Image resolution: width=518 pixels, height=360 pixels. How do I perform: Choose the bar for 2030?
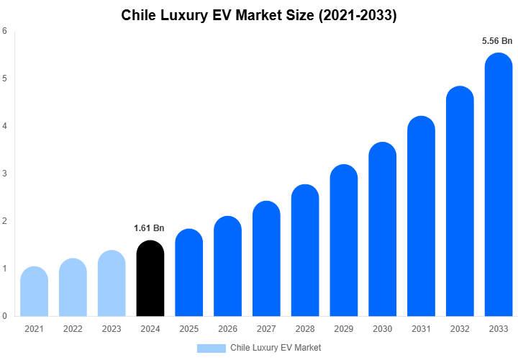pyautogui.click(x=382, y=230)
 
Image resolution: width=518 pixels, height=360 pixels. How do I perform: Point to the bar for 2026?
pyautogui.click(x=227, y=266)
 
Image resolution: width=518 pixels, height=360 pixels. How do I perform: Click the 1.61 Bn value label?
pyautogui.click(x=149, y=228)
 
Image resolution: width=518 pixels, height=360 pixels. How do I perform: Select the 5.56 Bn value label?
pyautogui.click(x=497, y=41)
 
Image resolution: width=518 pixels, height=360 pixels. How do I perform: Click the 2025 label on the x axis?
pyautogui.click(x=188, y=329)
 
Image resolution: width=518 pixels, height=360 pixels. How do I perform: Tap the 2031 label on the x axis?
pyautogui.click(x=421, y=329)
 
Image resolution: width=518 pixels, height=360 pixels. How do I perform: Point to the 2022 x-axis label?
pyautogui.click(x=73, y=329)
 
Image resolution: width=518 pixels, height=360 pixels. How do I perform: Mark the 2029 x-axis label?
pyautogui.click(x=343, y=329)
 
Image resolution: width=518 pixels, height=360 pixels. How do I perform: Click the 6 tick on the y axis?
pyautogui.click(x=5, y=31)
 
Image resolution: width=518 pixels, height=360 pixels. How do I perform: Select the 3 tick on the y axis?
pyautogui.click(x=5, y=174)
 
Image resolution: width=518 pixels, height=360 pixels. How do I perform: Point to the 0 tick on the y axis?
pyautogui.click(x=5, y=316)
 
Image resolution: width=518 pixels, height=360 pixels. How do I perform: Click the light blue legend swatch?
pyautogui.click(x=211, y=348)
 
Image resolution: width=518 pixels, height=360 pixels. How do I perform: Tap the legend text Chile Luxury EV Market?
pyautogui.click(x=276, y=348)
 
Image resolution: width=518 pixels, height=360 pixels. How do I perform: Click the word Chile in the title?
pyautogui.click(x=140, y=14)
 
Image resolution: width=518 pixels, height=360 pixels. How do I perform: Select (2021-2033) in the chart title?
pyautogui.click(x=358, y=14)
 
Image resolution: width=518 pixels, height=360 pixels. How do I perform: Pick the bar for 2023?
pyautogui.click(x=112, y=284)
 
